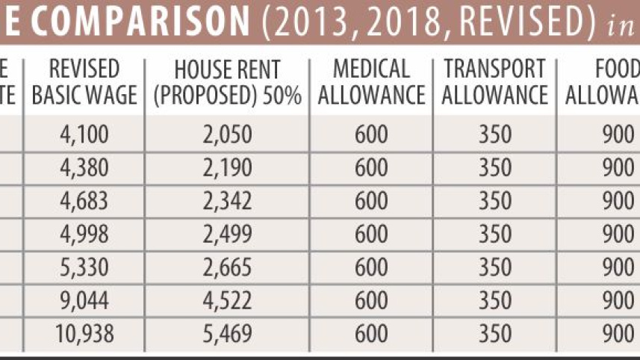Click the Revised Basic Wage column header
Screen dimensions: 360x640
point(84,82)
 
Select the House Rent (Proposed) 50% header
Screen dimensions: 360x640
point(227,82)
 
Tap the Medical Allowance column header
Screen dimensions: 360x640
point(371,82)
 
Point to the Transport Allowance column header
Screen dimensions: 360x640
point(495,82)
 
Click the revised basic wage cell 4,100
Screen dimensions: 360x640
point(84,134)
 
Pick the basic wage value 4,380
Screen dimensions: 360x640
point(84,168)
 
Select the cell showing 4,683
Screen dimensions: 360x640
point(84,201)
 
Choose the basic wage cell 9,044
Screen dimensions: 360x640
point(84,300)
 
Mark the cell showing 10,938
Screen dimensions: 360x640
point(84,332)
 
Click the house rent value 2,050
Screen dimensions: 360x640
point(227,134)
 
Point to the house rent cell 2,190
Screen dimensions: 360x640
point(227,168)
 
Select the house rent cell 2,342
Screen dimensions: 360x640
point(227,201)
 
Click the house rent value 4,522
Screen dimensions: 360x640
point(227,300)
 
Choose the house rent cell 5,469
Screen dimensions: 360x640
point(227,332)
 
